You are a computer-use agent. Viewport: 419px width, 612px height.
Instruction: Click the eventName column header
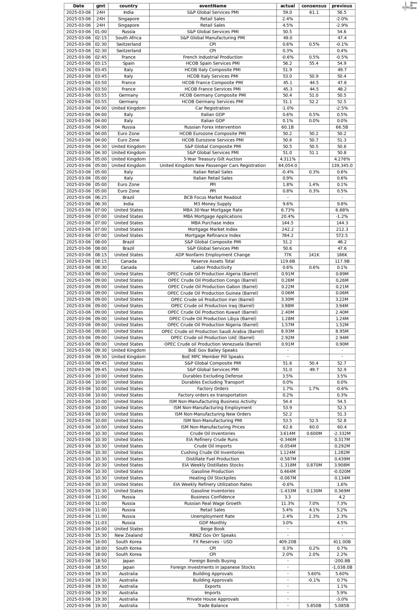point(213,6)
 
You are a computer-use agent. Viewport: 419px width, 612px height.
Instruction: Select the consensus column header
point(314,6)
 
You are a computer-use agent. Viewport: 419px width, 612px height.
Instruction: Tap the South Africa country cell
point(128,38)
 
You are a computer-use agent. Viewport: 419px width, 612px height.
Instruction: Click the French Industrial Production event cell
point(213,57)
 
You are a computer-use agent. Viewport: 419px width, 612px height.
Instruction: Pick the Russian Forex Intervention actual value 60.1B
point(287,127)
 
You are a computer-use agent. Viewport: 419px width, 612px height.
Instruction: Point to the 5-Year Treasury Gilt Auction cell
point(213,159)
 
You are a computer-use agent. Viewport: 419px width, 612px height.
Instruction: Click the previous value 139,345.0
point(342,166)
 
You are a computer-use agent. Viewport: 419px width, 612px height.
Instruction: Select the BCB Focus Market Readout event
point(213,197)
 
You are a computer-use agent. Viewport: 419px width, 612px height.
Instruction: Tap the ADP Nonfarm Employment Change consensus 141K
point(314,255)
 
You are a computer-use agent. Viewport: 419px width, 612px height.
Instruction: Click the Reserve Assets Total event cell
point(213,261)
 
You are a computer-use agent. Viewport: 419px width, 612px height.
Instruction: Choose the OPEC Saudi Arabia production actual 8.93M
point(287,331)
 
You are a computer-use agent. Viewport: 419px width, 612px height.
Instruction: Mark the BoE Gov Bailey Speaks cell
point(213,351)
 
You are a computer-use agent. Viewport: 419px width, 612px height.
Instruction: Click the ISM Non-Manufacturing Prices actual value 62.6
point(287,427)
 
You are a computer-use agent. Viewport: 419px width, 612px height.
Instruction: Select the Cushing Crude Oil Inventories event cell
point(213,453)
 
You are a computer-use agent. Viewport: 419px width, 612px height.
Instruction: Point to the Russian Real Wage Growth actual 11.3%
point(287,503)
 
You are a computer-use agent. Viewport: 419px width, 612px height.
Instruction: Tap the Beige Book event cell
point(213,529)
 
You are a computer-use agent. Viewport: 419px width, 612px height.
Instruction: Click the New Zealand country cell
point(128,536)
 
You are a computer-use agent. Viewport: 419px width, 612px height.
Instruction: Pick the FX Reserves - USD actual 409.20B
point(287,542)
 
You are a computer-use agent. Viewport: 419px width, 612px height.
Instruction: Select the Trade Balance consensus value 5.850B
point(314,606)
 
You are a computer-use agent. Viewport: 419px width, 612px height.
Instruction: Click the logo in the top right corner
point(409,6)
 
